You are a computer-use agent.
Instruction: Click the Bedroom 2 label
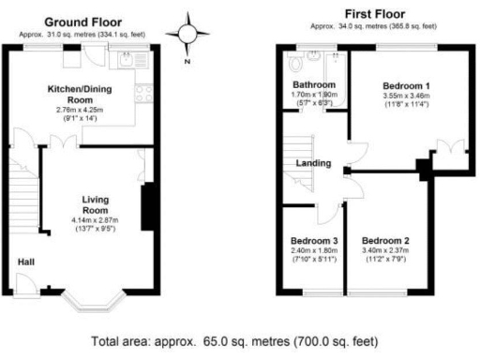click(385, 240)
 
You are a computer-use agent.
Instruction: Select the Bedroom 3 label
click(314, 241)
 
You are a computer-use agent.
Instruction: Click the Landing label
click(313, 163)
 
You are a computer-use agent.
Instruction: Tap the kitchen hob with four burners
click(143, 92)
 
